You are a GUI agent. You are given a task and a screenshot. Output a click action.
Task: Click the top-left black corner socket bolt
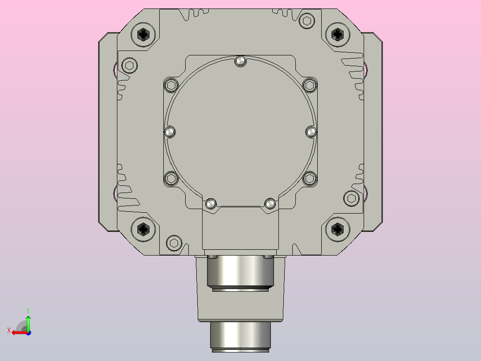(143, 34)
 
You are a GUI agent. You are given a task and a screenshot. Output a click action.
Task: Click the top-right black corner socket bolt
(337, 34)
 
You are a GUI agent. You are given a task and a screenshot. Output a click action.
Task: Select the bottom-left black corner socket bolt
(143, 229)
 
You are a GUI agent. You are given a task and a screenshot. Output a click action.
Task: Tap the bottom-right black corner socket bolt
(337, 229)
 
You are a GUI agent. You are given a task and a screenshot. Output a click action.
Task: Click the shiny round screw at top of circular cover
(240, 61)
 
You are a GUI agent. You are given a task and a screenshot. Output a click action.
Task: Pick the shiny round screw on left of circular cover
(170, 132)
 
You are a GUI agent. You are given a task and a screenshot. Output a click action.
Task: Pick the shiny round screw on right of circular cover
(311, 132)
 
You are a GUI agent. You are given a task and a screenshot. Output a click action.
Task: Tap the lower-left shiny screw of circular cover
(211, 204)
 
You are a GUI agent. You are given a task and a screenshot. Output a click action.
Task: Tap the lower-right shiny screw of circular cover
(270, 204)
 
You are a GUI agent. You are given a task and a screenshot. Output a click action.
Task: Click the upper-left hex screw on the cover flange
(171, 85)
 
